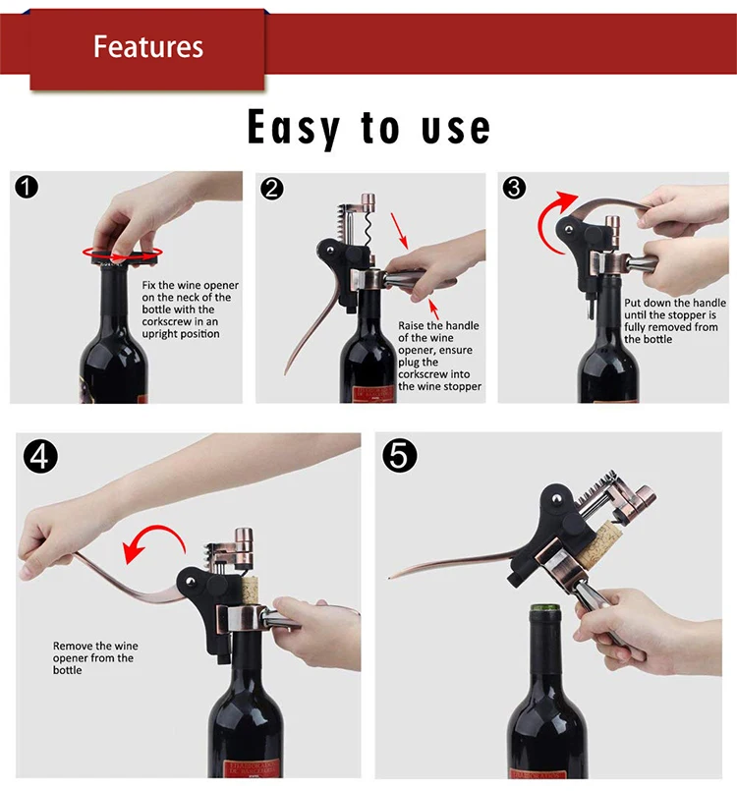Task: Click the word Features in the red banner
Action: pyautogui.click(x=148, y=47)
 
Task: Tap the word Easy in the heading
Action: pyautogui.click(x=294, y=128)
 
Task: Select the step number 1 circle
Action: pyautogui.click(x=27, y=187)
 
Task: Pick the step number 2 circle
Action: pyautogui.click(x=272, y=189)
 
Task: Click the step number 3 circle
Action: pyautogui.click(x=514, y=188)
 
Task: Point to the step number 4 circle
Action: pyautogui.click(x=40, y=457)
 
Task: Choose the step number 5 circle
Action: pyautogui.click(x=400, y=456)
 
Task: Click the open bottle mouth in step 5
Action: pyautogui.click(x=545, y=609)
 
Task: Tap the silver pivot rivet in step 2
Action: pyautogui.click(x=329, y=251)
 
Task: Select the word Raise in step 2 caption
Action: pyautogui.click(x=411, y=325)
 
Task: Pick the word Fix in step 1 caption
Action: pyautogui.click(x=148, y=285)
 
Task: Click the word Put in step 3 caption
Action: pyautogui.click(x=633, y=303)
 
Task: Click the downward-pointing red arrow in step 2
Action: pyautogui.click(x=399, y=231)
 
